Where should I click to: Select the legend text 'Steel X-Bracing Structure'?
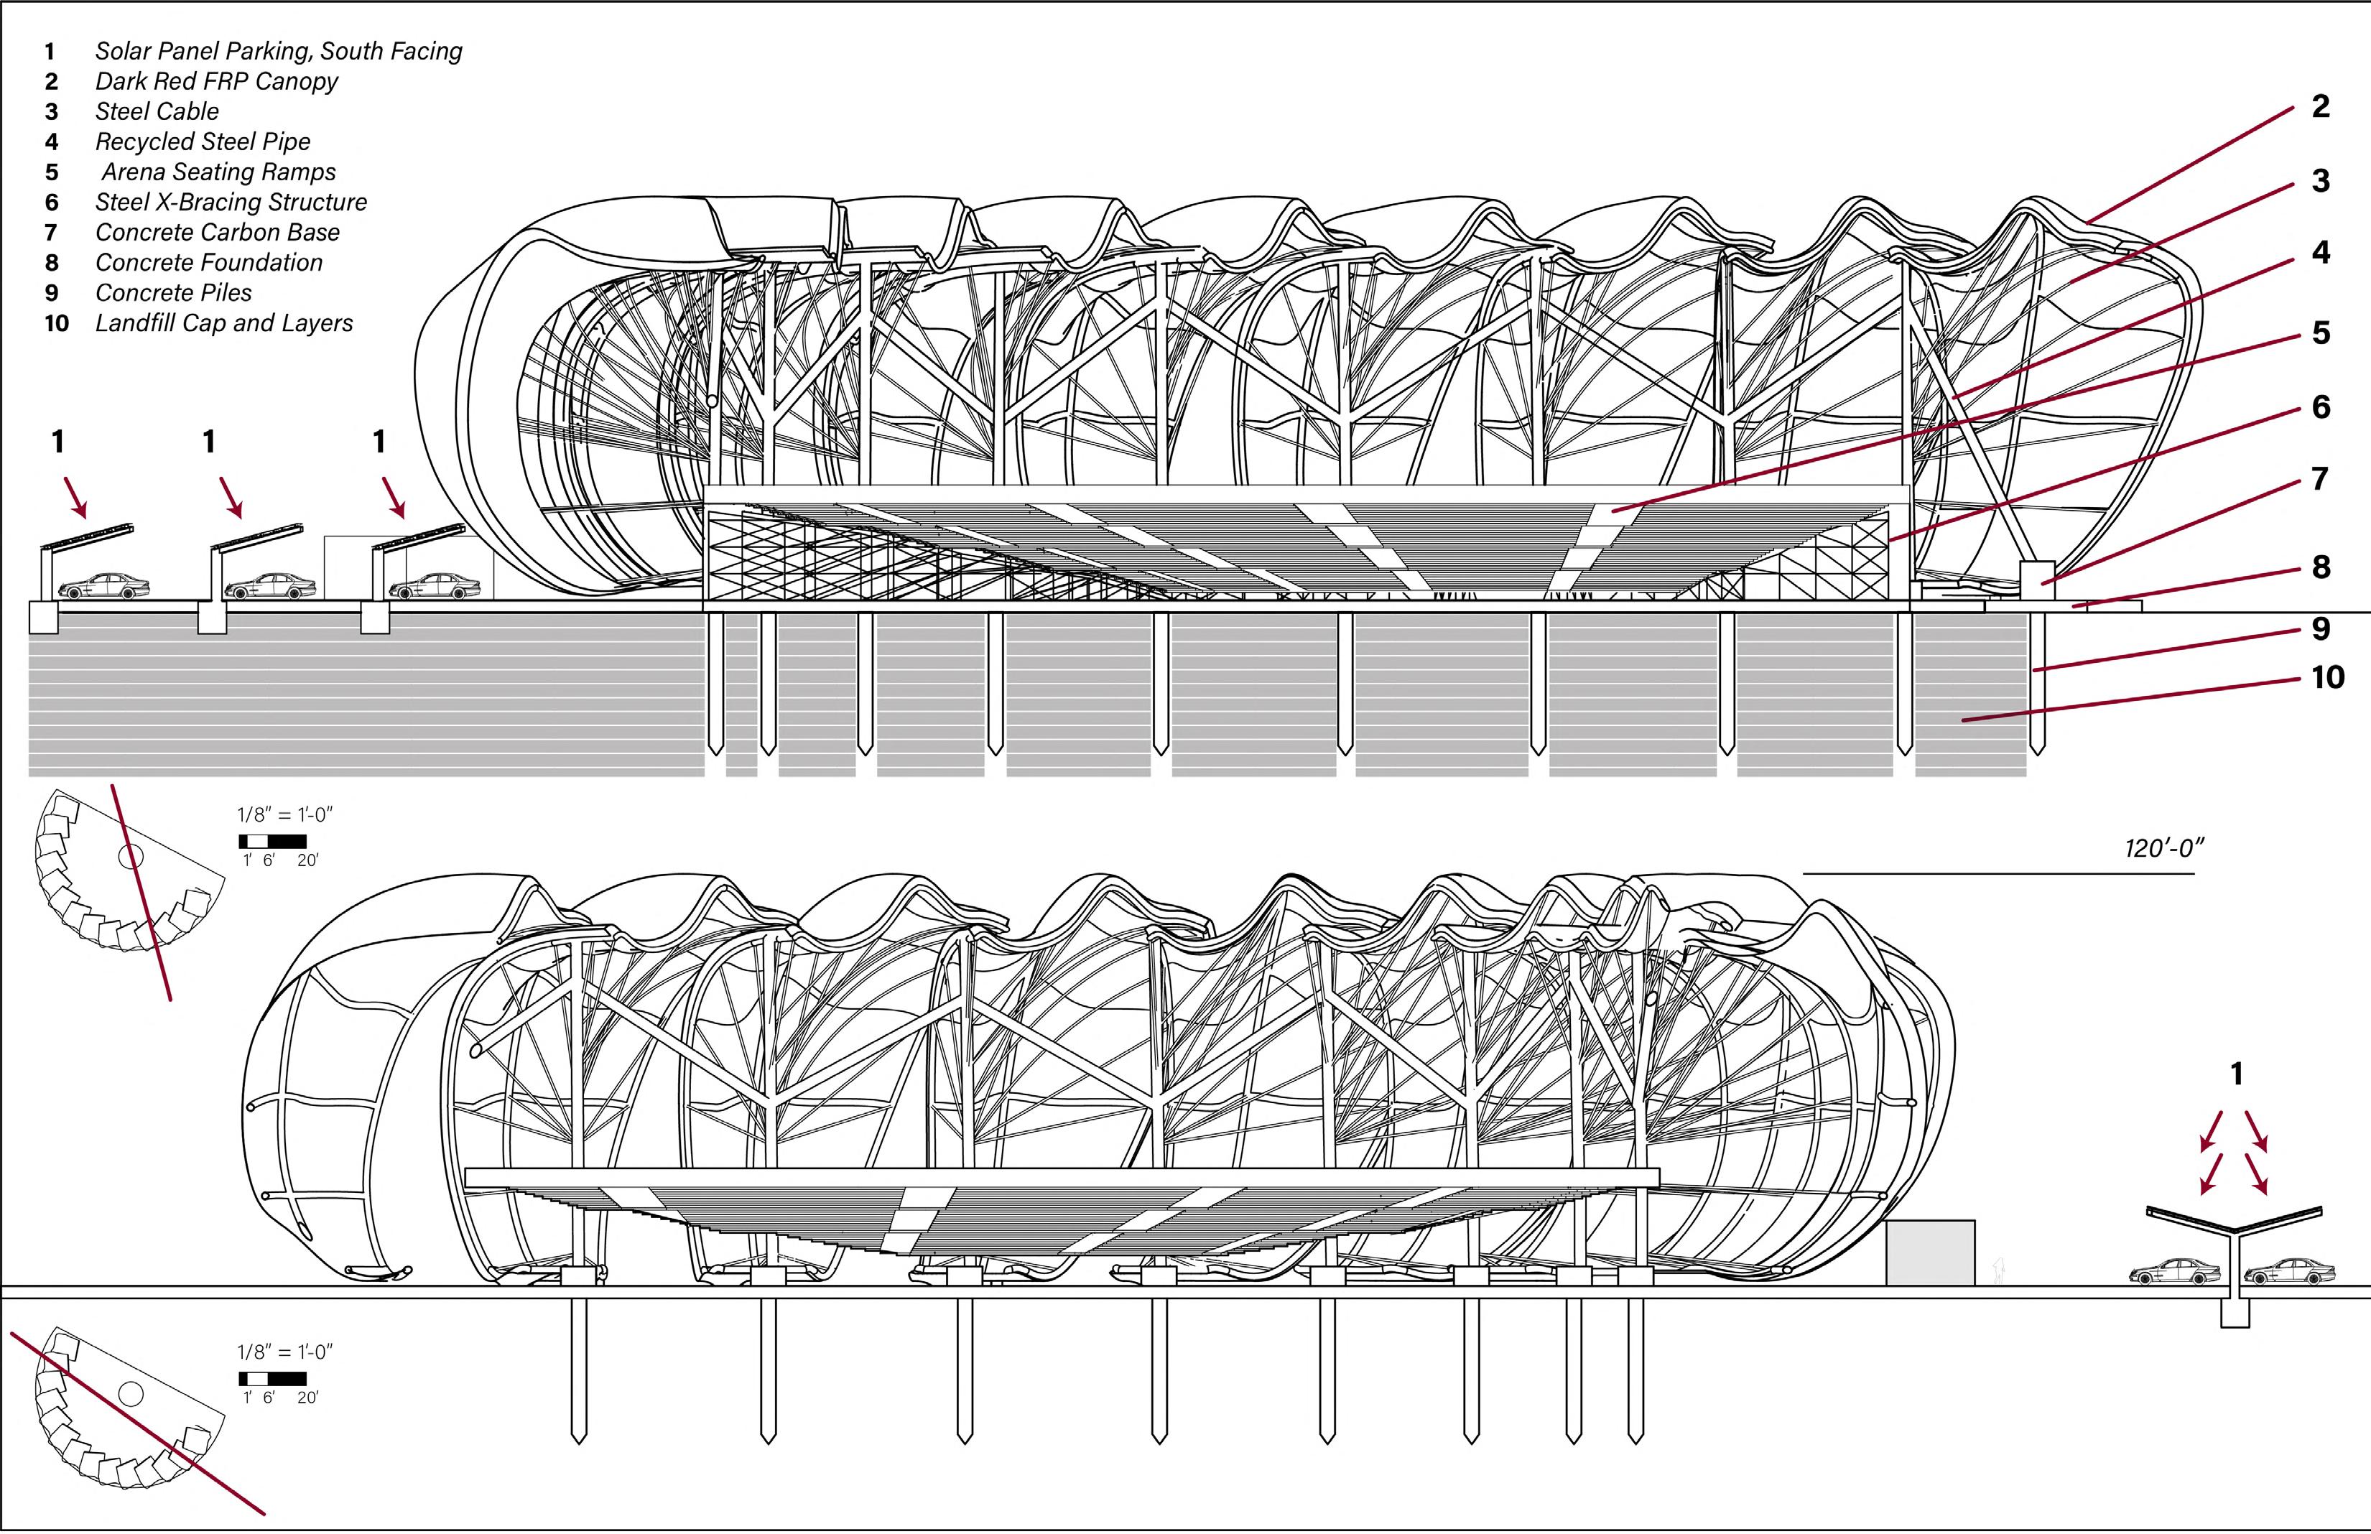(231, 203)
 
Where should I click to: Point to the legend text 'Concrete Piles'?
(173, 293)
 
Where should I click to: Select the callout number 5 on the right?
(2320, 333)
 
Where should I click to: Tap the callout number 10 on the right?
(2327, 677)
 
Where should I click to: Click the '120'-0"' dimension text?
(2164, 849)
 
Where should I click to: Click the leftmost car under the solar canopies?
(105, 587)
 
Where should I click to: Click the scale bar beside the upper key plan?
(273, 842)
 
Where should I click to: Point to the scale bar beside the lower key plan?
(273, 1380)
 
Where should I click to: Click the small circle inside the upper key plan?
(131, 855)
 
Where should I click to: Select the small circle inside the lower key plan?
(131, 1393)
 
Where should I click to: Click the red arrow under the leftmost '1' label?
(75, 497)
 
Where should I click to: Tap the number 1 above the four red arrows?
(2237, 1074)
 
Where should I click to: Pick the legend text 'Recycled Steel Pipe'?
(203, 141)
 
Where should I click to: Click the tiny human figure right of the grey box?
(1998, 1271)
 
